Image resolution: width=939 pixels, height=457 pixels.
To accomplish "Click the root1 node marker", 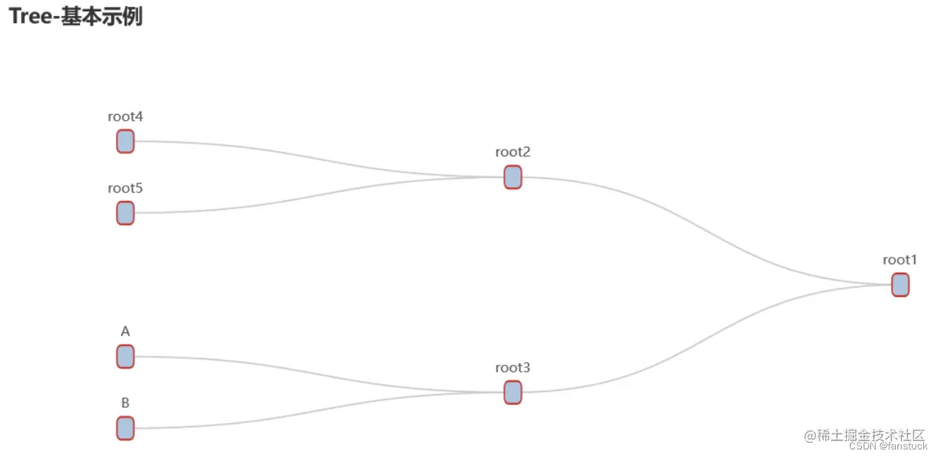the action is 900,285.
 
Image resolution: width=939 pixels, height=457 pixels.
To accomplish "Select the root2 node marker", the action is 512,177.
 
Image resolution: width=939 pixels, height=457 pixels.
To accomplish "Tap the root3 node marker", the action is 512,392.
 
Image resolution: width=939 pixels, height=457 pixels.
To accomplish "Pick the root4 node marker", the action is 125,141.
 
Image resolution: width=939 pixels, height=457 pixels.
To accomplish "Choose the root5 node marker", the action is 125,213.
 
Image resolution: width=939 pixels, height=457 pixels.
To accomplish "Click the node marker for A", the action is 125,357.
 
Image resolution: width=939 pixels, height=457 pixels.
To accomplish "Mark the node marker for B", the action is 125,428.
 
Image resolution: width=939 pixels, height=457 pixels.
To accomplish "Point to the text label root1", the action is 900,260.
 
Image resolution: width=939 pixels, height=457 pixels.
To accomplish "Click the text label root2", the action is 512,152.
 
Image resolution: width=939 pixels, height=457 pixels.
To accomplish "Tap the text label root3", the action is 512,368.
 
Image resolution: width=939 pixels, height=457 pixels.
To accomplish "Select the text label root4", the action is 125,116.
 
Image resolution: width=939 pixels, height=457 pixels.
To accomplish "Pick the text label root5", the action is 125,188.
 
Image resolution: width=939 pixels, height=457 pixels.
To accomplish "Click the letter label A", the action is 125,331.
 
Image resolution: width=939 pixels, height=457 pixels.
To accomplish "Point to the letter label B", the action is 125,403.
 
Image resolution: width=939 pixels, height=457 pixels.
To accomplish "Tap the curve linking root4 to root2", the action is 317,157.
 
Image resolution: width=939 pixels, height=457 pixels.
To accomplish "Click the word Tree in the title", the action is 29,17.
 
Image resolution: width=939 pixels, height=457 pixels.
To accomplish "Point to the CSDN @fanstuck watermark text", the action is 887,446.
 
